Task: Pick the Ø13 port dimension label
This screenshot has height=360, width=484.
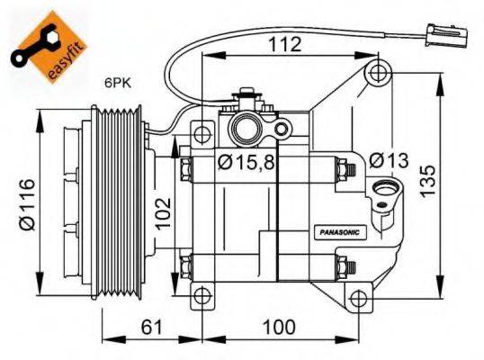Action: (389, 160)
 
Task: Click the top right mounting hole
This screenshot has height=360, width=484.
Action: (379, 70)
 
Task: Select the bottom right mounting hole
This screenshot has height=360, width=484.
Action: (359, 298)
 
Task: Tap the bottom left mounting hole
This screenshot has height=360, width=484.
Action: (204, 295)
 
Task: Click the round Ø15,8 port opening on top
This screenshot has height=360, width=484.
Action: (246, 129)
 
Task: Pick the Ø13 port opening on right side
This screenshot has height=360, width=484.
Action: (387, 191)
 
